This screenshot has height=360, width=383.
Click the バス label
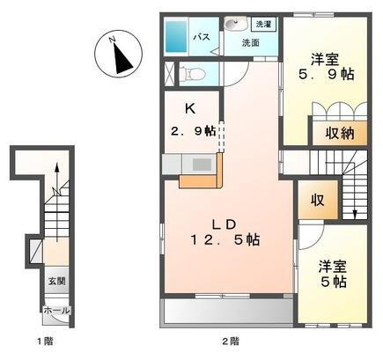(201, 37)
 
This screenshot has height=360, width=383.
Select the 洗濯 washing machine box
(261, 25)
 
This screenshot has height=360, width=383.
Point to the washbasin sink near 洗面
(232, 26)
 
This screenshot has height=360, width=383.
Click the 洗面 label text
(250, 42)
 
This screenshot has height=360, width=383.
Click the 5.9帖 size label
(325, 74)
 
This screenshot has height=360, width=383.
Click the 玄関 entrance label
(55, 281)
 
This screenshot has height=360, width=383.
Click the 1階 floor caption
(44, 341)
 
